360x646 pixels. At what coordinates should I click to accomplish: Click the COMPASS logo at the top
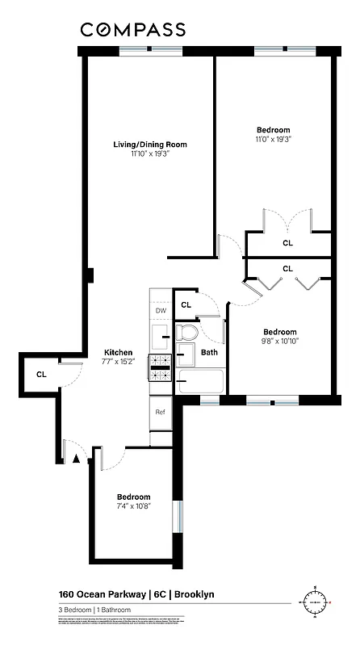[132, 30]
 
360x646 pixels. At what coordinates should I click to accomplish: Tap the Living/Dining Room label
[149, 145]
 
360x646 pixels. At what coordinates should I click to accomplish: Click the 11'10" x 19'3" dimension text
[149, 155]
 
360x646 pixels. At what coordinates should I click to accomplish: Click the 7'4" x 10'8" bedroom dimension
[133, 506]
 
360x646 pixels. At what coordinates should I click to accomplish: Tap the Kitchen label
[118, 353]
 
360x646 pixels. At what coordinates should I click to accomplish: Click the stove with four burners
[160, 367]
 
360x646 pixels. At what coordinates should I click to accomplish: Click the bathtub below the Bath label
[201, 380]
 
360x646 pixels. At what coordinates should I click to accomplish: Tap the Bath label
[209, 352]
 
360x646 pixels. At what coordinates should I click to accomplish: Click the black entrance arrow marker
[77, 458]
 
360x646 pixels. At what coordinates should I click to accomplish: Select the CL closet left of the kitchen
[41, 374]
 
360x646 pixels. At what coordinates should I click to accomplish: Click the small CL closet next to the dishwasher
[186, 304]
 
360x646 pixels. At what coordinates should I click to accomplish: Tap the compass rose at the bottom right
[316, 602]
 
